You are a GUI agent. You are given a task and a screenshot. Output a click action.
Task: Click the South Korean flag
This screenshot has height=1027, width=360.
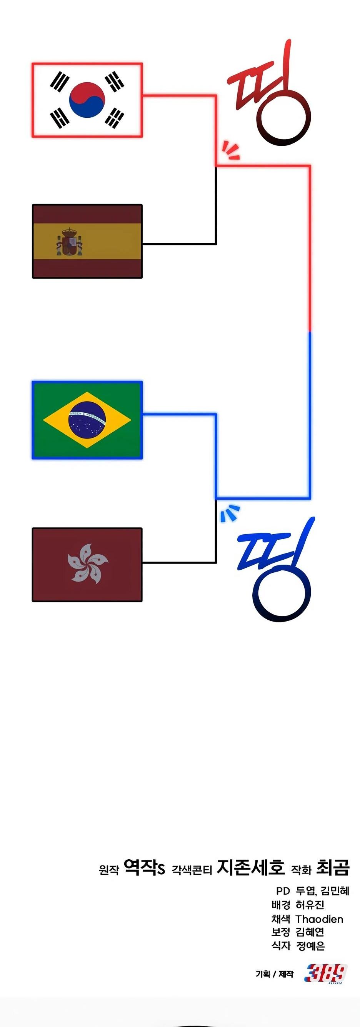(87, 100)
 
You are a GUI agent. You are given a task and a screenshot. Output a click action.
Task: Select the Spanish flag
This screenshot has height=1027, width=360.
(87, 241)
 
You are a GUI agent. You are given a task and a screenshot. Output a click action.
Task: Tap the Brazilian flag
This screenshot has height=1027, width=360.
(87, 420)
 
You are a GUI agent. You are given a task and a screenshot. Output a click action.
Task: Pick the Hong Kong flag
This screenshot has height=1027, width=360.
(87, 565)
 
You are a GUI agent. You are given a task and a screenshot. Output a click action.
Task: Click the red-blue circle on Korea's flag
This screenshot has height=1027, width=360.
(87, 100)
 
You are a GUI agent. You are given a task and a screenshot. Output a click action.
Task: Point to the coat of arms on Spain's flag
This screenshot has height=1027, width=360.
(69, 242)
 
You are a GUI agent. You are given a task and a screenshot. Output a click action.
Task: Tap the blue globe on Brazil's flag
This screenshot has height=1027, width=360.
(87, 420)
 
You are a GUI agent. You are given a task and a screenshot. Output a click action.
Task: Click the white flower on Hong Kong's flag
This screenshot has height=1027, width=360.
(88, 564)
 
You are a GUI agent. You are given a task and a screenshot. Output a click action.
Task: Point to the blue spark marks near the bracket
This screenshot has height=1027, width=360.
(230, 513)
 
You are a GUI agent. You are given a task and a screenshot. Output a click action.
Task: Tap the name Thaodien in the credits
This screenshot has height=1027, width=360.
(319, 919)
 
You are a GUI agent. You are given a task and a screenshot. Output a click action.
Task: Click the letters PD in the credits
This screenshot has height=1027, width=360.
(283, 891)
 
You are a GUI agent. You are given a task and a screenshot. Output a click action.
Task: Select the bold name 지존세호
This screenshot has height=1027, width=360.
(251, 867)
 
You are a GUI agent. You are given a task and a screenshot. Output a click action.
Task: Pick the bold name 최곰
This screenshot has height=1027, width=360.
(332, 867)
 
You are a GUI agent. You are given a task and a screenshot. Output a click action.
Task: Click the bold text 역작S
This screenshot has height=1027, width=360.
(144, 867)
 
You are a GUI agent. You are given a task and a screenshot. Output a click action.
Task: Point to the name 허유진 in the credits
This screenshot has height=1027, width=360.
(310, 905)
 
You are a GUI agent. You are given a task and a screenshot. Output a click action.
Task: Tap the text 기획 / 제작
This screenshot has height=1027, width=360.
(274, 974)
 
